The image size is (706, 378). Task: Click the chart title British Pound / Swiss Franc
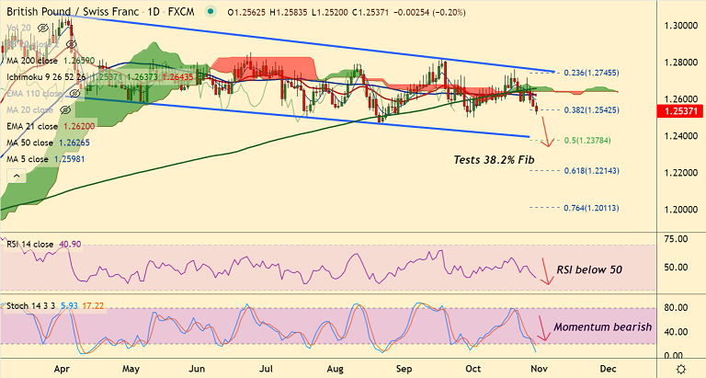tap(65, 13)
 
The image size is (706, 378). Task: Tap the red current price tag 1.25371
tap(681, 111)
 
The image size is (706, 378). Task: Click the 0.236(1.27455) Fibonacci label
tap(591, 72)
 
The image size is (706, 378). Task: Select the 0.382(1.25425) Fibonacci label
tap(591, 109)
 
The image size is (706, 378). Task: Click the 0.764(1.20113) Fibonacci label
tap(591, 209)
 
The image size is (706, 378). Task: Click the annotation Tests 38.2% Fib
tap(495, 160)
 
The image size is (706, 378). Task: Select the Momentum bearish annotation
tap(602, 327)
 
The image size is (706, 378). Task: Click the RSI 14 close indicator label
tap(32, 244)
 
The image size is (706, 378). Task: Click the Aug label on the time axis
tap(334, 367)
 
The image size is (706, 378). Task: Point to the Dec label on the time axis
tap(609, 367)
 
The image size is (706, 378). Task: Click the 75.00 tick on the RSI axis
tap(675, 239)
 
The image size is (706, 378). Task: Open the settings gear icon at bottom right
tap(680, 367)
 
